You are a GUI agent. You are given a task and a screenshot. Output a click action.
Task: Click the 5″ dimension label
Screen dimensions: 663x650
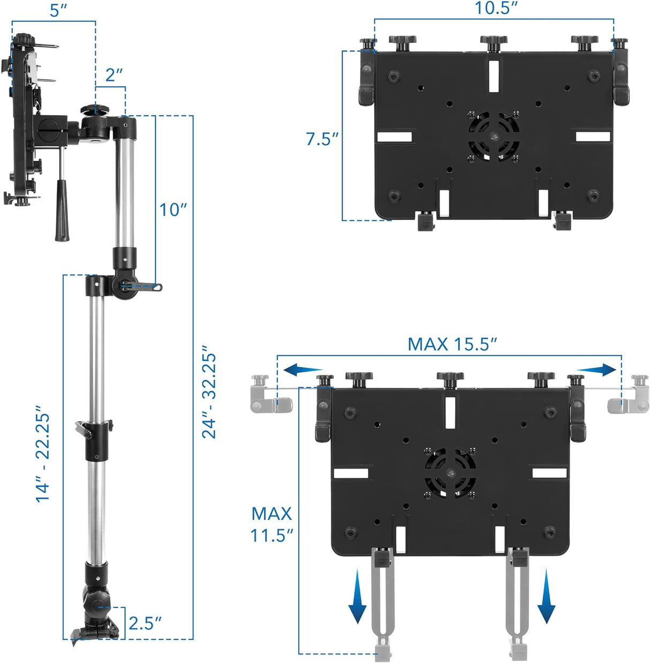click(58, 10)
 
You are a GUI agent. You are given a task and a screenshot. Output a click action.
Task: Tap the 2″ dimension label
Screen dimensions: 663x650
click(114, 76)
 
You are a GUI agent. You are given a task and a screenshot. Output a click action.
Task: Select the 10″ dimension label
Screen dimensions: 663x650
click(172, 209)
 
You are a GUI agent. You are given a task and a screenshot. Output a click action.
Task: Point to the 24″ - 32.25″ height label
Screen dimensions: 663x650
click(209, 395)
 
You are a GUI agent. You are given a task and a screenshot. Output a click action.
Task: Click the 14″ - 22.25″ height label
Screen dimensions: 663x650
click(43, 457)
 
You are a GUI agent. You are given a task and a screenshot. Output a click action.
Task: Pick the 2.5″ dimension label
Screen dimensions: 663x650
click(145, 623)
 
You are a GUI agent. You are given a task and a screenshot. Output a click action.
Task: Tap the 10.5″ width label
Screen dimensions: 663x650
click(496, 9)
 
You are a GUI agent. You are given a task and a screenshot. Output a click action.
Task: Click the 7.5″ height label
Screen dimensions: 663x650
click(322, 139)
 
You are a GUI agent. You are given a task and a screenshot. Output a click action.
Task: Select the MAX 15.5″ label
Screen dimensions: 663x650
click(452, 344)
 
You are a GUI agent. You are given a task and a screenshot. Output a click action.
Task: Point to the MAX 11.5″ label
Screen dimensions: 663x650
click(272, 524)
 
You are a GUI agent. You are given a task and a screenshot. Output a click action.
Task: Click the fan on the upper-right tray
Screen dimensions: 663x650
click(493, 136)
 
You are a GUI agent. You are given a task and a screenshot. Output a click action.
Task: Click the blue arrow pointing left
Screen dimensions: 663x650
click(303, 369)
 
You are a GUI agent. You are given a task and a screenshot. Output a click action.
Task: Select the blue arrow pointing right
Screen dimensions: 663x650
click(596, 369)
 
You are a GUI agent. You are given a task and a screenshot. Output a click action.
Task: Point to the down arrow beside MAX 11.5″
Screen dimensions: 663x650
click(358, 600)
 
